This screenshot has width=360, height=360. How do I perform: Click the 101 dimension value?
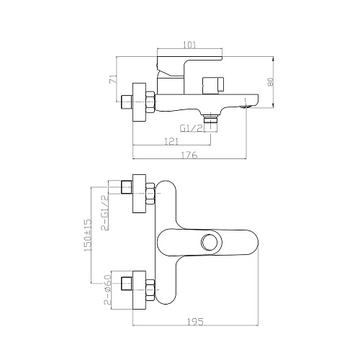coord(189,45)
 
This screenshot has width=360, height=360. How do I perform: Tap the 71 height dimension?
coord(113,79)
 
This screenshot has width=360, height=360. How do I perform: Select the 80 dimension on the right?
coord(271,82)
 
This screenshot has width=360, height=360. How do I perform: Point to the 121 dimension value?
coord(171,142)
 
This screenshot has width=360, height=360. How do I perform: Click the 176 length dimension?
coord(189,155)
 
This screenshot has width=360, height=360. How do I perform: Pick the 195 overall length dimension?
coord(196,322)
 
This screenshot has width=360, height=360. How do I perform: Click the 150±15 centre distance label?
coord(88,235)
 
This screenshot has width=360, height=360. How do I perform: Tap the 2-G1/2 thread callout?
coord(105,212)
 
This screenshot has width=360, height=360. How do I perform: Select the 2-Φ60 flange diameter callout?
coord(108,289)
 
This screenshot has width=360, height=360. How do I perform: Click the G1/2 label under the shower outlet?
coord(192,128)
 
